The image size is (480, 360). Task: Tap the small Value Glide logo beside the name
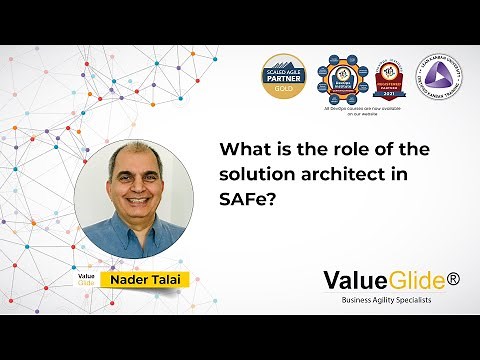tap(88, 279)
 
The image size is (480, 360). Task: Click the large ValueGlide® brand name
tap(383, 280)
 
